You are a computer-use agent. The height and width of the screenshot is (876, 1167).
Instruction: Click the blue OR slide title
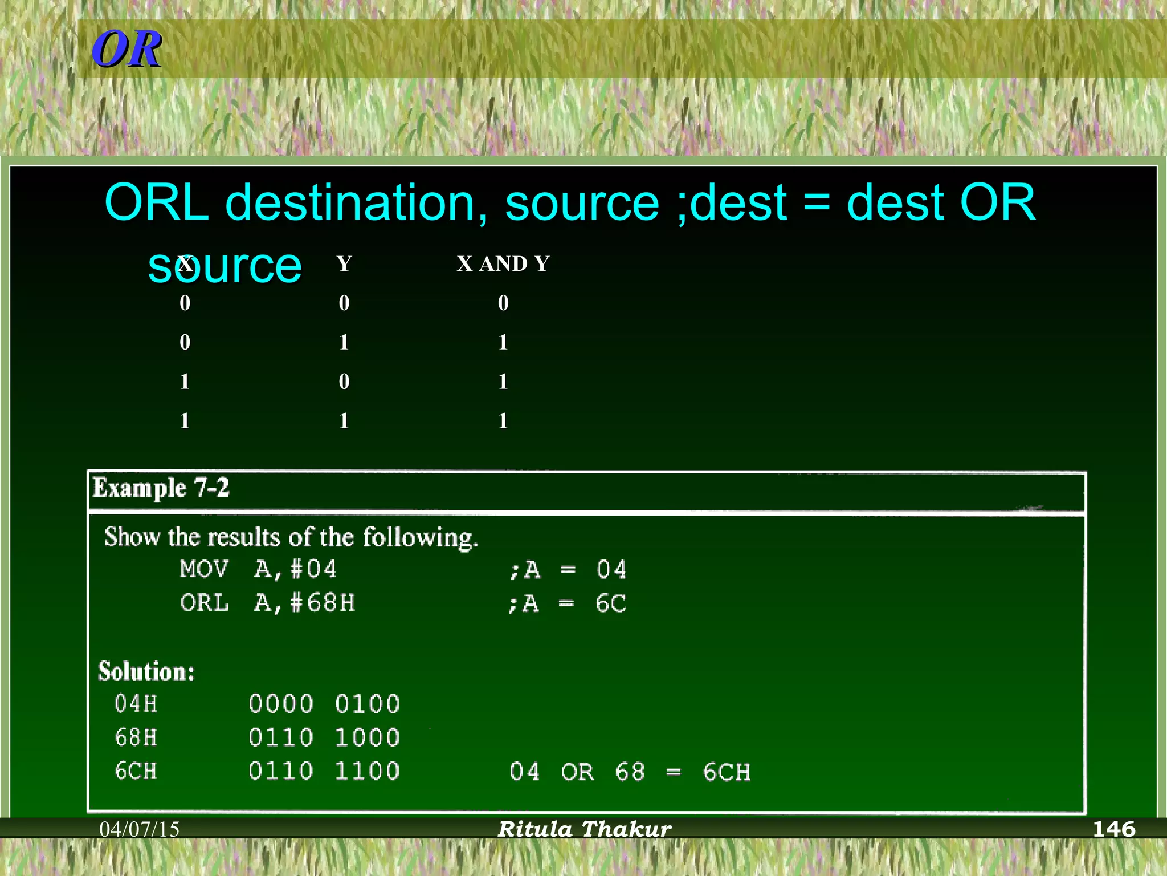[127, 49]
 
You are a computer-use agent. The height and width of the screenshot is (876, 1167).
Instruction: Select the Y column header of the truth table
[344, 263]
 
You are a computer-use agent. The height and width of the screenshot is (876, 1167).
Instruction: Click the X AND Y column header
[503, 263]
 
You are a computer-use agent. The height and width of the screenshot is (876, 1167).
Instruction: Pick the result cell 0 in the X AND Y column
[503, 303]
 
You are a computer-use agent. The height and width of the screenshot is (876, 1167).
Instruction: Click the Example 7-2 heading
[161, 488]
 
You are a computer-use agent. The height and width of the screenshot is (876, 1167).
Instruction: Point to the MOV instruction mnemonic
[204, 569]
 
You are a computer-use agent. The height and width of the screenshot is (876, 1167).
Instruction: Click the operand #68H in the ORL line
[323, 603]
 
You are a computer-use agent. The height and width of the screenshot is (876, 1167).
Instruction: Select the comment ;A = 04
[568, 570]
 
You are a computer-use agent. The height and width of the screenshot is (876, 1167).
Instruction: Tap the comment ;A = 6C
[568, 603]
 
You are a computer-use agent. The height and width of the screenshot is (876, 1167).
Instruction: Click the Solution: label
[146, 671]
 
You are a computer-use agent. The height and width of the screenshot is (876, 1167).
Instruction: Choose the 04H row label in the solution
[136, 704]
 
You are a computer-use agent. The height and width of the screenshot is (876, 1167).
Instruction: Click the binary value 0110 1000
[324, 738]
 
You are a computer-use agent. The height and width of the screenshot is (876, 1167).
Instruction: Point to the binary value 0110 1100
[324, 771]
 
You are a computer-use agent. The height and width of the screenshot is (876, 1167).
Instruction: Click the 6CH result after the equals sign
[727, 772]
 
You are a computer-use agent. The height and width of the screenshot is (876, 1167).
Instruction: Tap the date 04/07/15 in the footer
[140, 829]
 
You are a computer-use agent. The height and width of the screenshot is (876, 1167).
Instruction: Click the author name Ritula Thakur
[585, 829]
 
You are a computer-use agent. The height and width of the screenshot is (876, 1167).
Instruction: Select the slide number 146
[1113, 829]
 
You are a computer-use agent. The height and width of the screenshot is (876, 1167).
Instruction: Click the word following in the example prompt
[420, 537]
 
